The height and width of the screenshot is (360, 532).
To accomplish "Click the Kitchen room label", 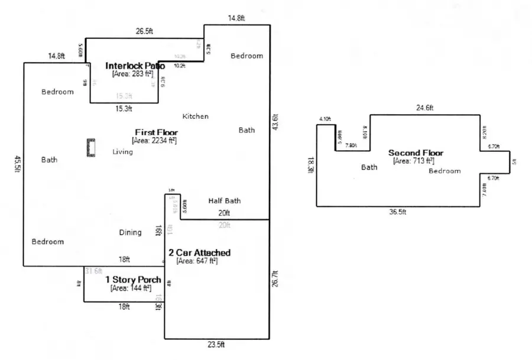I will pos(195,116).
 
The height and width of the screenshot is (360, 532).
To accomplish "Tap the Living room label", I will pos(122,152).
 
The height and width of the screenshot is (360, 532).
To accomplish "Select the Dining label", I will pos(130,232).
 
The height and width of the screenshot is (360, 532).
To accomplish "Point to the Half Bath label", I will pos(224,201).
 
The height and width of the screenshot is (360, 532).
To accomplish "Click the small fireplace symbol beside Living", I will pos(91,147).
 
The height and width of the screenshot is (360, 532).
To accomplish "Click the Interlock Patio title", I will pos(135,66).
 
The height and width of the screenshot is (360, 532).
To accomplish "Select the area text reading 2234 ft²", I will pos(154,141).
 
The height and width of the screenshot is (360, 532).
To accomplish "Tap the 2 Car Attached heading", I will pos(199,252).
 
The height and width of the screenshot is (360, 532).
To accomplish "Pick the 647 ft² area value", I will pos(197,261).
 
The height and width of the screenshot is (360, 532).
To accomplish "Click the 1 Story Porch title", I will pos(133,280).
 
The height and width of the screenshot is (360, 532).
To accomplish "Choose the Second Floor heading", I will pos(416,153).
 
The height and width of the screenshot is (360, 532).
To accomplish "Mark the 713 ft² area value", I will pos(414,161).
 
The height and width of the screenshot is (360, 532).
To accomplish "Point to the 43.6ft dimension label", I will pos(274,122).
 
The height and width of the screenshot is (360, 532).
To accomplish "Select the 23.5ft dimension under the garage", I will pos(218,345).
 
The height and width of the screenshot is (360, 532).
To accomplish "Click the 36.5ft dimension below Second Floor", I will pos(399,212).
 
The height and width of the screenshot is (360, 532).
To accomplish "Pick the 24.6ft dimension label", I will pos(424,108).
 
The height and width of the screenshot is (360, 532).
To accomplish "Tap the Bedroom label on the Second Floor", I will pos(445,171).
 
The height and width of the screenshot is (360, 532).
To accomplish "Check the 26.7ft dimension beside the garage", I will pos(274,279).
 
